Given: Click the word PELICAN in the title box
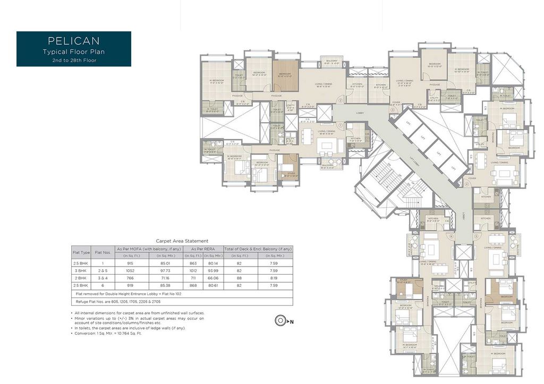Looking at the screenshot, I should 74,40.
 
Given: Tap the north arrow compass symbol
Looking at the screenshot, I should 280,321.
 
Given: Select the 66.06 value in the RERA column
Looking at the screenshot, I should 212,277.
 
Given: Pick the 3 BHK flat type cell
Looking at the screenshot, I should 81,270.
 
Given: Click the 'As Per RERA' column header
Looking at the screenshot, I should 203,248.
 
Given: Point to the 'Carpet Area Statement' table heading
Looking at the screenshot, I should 182,241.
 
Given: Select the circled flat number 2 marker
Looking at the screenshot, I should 342,99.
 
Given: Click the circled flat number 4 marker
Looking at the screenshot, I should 466,184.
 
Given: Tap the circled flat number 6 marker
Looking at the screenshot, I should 452,236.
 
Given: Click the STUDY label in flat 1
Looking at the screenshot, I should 290,173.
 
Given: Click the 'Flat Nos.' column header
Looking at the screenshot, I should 102,252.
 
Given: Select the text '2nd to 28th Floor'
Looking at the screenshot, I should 74,60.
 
